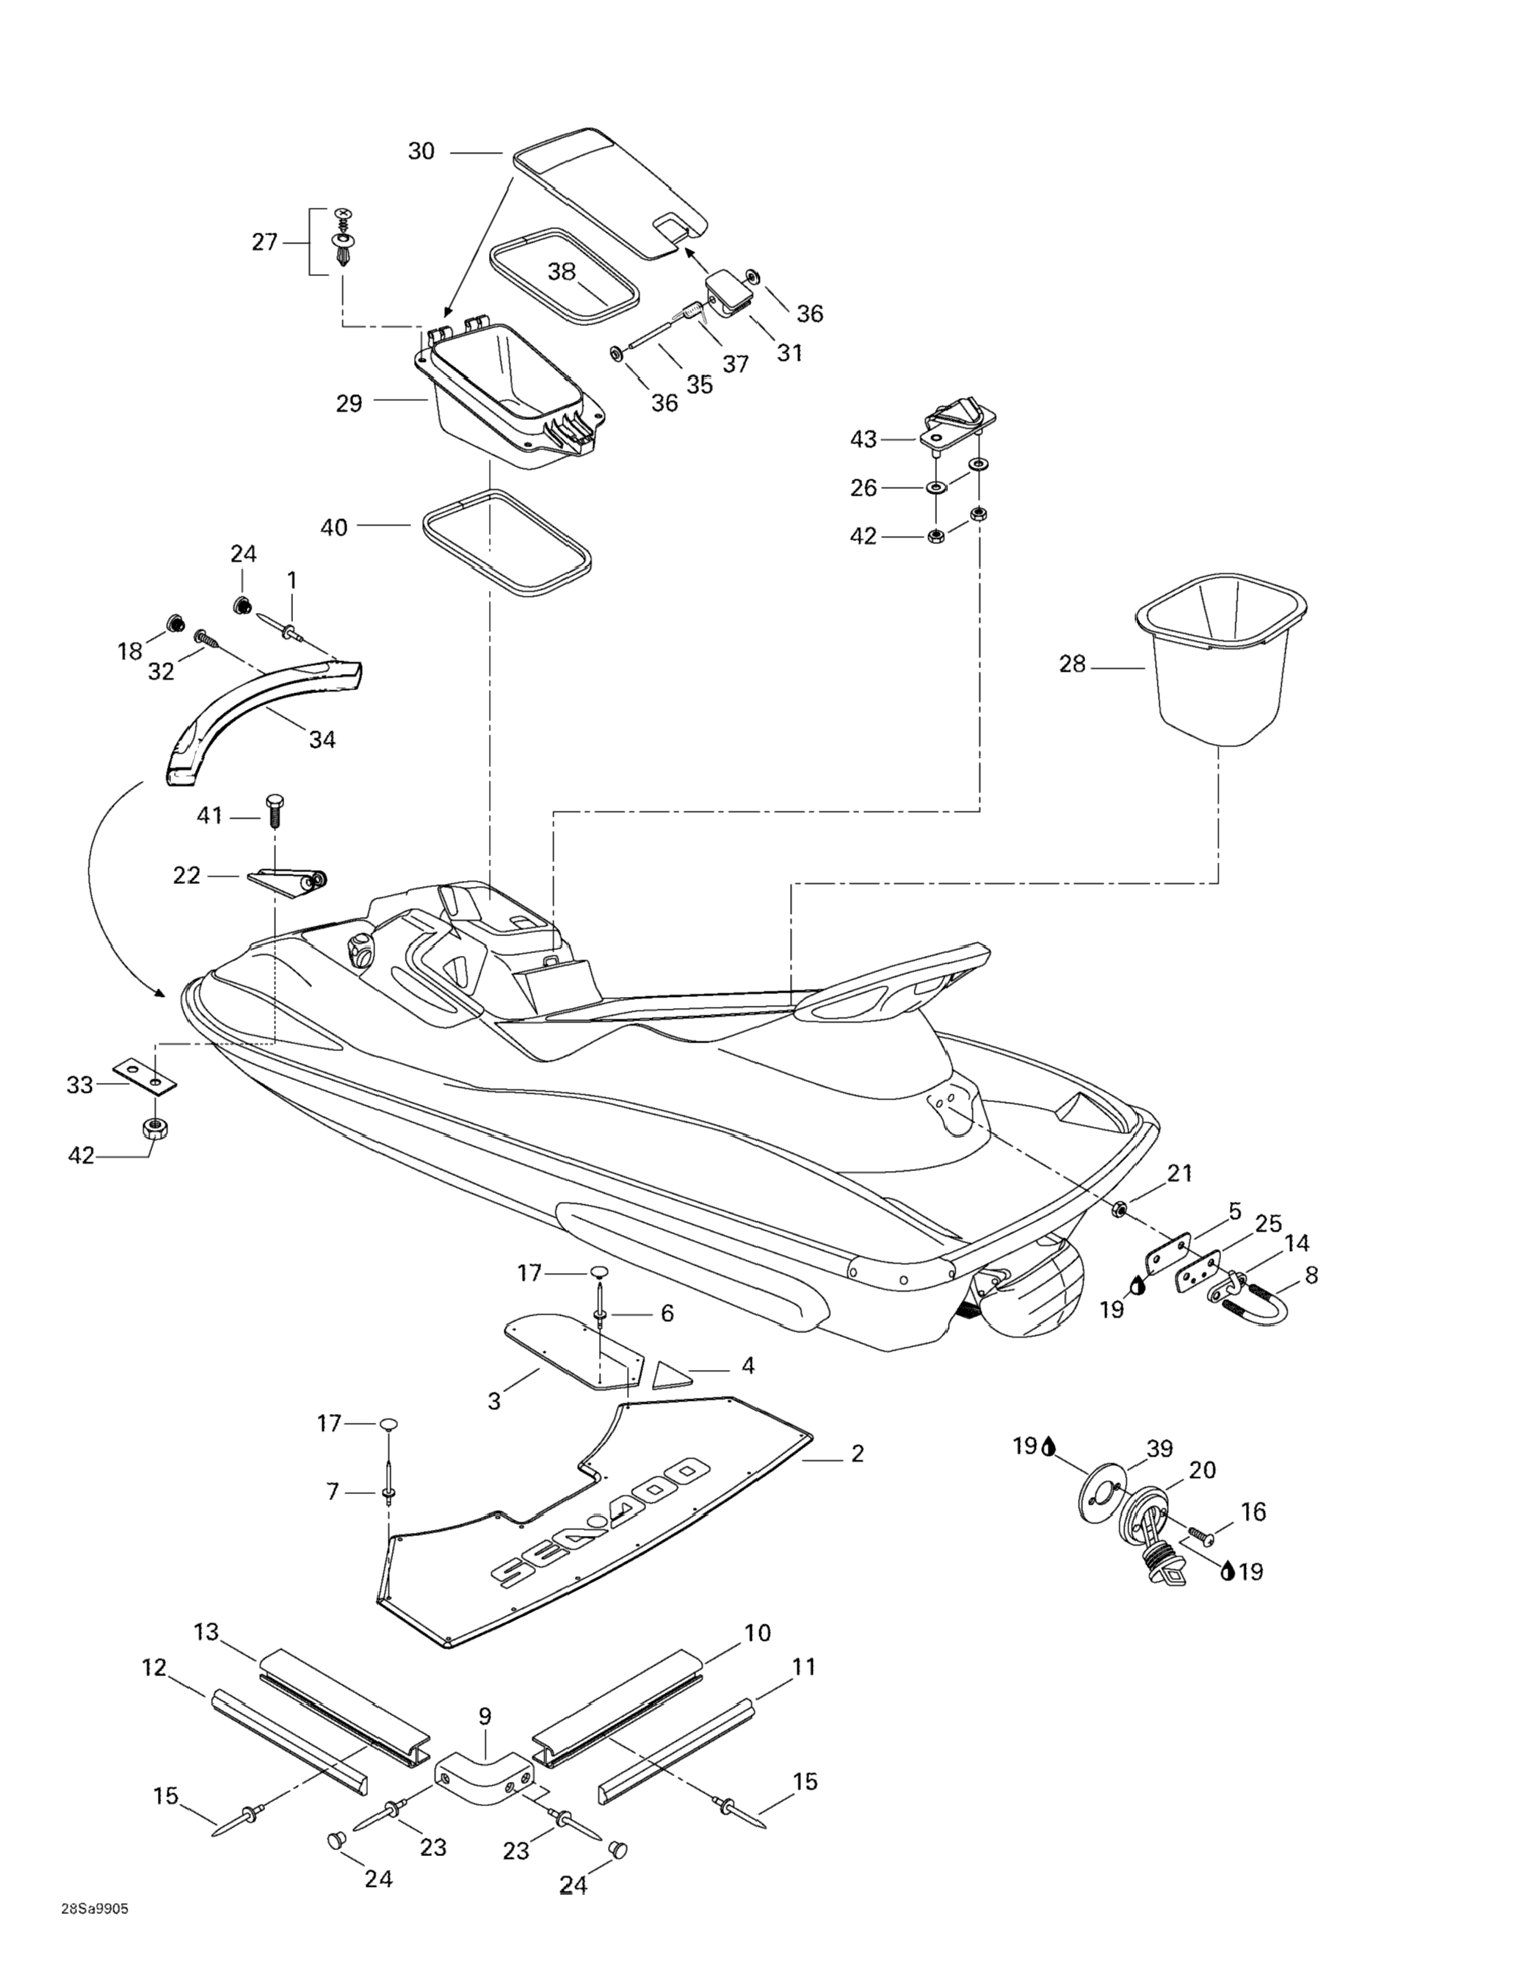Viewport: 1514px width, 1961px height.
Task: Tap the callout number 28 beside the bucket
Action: tap(1072, 664)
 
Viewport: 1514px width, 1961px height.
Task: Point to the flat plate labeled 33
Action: tap(145, 1076)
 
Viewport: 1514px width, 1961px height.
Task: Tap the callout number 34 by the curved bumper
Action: tap(322, 739)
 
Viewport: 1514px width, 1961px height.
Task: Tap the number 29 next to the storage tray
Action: tap(349, 403)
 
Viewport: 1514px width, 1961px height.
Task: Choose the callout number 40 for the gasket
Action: tap(334, 527)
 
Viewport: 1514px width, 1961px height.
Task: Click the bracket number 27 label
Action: tap(264, 242)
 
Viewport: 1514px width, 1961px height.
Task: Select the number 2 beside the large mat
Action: tap(857, 1453)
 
